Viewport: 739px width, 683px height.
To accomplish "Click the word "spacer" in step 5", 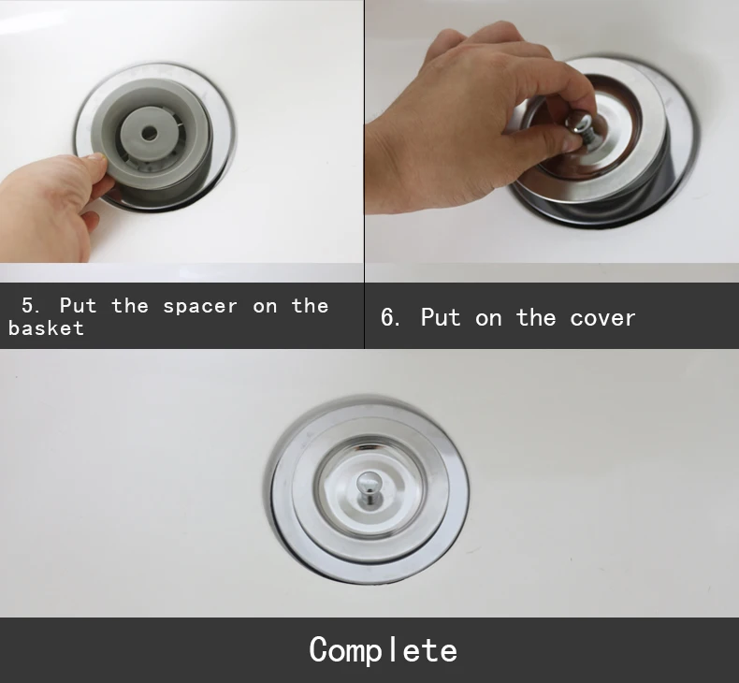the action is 200,306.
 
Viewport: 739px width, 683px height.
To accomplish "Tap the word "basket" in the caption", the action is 46,328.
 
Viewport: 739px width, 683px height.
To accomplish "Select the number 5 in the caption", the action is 28,305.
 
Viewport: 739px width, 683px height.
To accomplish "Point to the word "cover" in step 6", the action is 602,319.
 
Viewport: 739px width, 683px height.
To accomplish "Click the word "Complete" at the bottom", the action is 384,649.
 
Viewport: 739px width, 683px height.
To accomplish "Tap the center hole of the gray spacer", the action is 150,134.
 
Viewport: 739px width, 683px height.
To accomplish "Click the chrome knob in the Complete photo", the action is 369,489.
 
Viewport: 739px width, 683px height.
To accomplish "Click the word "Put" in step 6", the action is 441,317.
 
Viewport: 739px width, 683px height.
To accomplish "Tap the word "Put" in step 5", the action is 79,305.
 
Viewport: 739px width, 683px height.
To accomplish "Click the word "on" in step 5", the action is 265,307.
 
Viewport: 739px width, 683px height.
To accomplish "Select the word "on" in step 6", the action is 487,319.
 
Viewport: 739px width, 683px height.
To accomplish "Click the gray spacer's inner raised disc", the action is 149,134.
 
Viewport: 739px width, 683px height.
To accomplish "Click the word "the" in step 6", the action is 536,317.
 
